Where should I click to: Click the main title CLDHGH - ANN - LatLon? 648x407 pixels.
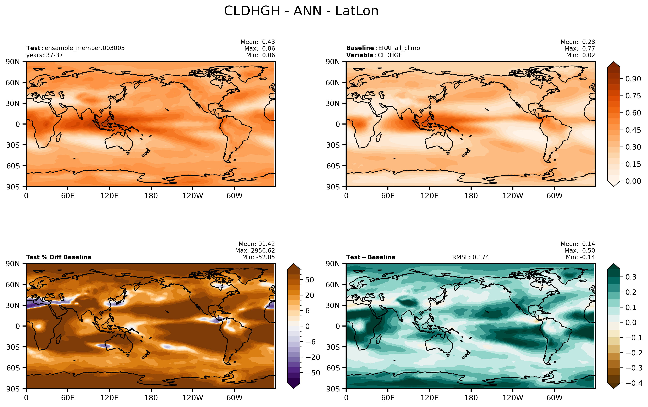click(x=301, y=11)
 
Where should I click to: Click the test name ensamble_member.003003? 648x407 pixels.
click(x=85, y=48)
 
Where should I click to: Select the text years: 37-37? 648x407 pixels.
click(x=44, y=55)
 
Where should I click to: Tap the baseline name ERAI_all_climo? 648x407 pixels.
click(x=399, y=48)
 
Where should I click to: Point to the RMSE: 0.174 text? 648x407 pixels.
click(x=470, y=257)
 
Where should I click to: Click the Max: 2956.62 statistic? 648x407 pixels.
click(x=255, y=250)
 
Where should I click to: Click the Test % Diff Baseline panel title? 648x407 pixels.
click(x=59, y=257)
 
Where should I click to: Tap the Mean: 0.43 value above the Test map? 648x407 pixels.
click(x=258, y=42)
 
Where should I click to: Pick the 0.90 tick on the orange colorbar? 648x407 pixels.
click(x=633, y=79)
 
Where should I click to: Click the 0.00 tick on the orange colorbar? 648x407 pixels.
click(x=633, y=181)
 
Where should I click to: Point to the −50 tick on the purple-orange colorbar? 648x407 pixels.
click(x=313, y=373)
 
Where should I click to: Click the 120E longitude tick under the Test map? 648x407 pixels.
click(x=109, y=196)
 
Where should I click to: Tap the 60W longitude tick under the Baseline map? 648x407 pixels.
click(x=554, y=196)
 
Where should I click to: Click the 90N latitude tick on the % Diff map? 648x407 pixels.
click(x=13, y=264)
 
